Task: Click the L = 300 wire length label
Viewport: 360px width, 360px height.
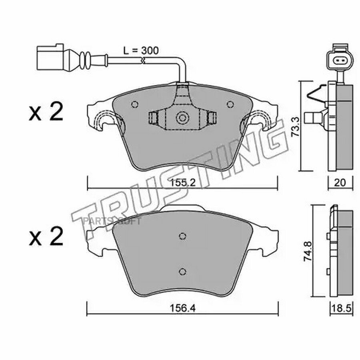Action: coord(141,50)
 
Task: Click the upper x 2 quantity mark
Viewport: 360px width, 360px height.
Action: coord(46,112)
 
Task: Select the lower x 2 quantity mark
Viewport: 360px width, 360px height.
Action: coord(46,236)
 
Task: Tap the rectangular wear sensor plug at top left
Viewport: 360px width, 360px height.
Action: coord(50,57)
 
